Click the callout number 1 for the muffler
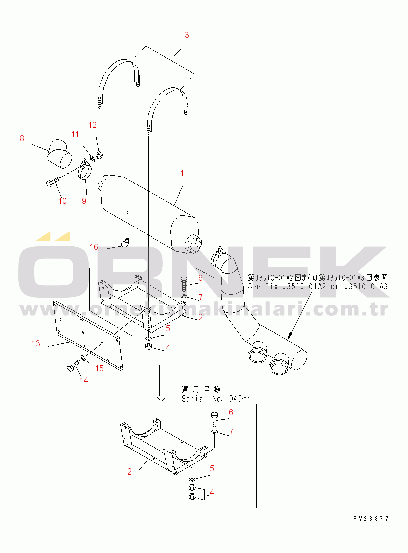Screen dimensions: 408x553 182,173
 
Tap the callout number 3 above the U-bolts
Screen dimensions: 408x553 187,35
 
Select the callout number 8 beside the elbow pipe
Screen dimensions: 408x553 22,139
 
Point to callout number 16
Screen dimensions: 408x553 94,247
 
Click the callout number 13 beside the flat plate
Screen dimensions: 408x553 36,343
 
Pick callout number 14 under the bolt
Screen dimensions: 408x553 84,381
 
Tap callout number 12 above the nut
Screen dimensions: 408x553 92,125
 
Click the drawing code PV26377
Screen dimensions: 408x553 371,518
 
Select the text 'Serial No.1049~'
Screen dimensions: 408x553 216,398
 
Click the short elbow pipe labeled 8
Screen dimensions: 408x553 59,153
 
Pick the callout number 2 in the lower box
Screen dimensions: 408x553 129,471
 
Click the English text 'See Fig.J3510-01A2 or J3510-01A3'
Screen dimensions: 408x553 317,286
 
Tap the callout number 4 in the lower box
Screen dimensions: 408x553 212,492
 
